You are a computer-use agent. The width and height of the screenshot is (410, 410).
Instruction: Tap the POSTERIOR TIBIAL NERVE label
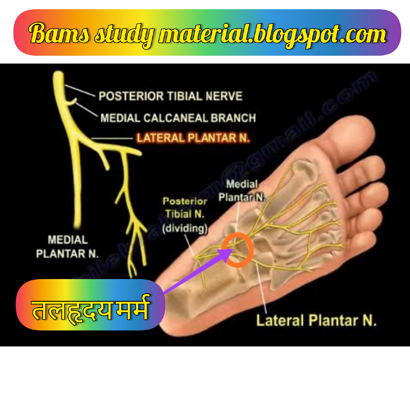tap(170, 96)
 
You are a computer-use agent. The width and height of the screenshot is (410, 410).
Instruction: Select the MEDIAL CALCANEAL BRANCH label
tap(178, 118)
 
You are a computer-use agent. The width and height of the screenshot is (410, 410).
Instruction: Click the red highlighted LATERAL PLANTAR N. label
tap(193, 138)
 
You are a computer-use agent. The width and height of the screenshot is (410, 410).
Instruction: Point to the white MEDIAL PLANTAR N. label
tap(68, 247)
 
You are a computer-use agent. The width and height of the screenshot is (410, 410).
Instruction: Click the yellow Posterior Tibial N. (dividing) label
tap(185, 215)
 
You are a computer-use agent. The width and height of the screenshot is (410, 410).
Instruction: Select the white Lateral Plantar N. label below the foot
tap(316, 321)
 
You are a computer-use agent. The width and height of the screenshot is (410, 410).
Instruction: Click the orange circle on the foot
tap(238, 250)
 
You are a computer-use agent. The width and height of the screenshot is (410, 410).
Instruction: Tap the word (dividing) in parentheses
tap(185, 228)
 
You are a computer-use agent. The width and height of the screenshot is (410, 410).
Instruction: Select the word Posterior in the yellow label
tap(185, 201)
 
